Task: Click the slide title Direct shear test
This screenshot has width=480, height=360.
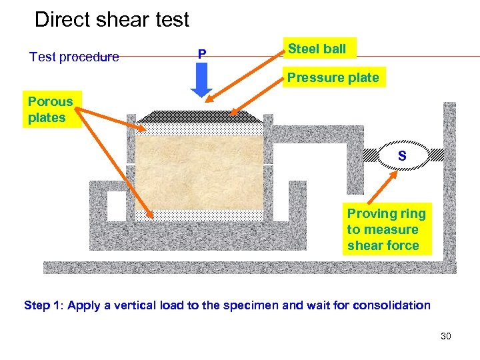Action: [x=111, y=19]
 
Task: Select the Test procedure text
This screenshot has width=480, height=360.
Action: [x=74, y=57]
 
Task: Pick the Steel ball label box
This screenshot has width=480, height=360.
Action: [x=317, y=49]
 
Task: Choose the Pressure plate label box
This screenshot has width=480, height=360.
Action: [x=333, y=77]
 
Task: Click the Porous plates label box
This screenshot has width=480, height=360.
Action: [x=51, y=109]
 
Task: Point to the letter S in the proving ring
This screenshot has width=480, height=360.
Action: [x=402, y=156]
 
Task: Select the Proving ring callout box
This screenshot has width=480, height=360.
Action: [x=386, y=229]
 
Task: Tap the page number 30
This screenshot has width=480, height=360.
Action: [x=446, y=336]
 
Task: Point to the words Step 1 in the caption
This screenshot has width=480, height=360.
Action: [x=43, y=305]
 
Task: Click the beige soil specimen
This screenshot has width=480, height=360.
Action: [x=200, y=173]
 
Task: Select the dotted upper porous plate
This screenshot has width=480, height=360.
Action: [x=200, y=129]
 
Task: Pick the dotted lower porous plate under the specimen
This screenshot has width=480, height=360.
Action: [x=200, y=215]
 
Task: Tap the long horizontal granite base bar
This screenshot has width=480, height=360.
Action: [x=247, y=267]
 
